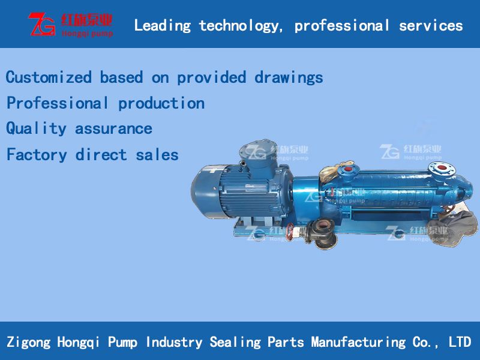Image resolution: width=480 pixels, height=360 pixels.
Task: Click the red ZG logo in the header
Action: tap(41, 24)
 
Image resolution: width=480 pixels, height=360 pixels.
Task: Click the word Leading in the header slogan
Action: tap(162, 25)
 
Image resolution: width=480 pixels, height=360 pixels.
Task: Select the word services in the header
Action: tap(431, 25)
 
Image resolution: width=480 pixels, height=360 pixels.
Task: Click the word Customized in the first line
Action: tap(49, 77)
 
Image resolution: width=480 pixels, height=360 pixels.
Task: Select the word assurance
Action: tap(113, 128)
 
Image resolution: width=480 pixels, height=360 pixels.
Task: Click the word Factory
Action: tap(36, 155)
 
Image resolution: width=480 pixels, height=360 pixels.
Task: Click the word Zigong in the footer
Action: tap(28, 342)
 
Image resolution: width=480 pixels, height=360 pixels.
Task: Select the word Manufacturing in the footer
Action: tap(358, 342)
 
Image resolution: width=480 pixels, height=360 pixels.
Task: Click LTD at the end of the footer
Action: tap(460, 342)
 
